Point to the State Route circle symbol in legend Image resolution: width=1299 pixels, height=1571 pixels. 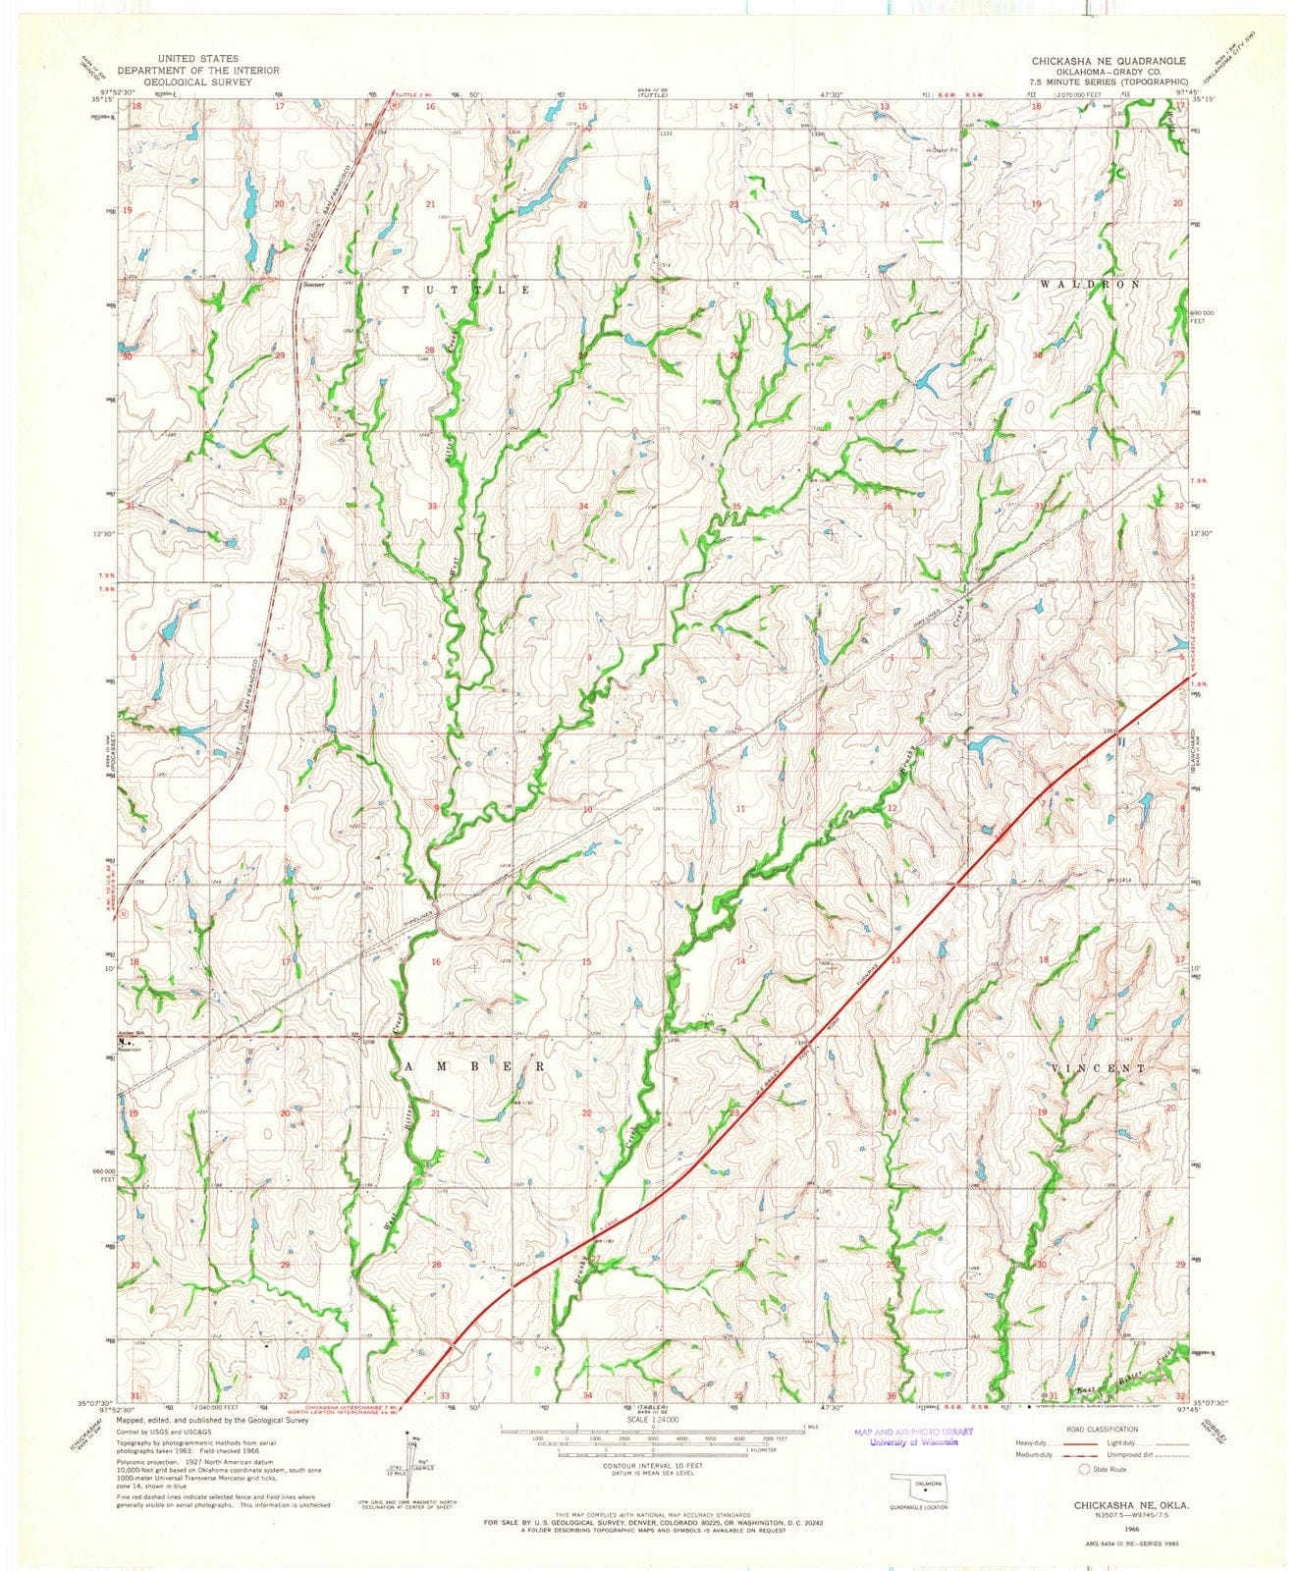pos(1085,1470)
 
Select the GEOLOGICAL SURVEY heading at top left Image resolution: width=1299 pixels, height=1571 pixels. pos(180,82)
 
